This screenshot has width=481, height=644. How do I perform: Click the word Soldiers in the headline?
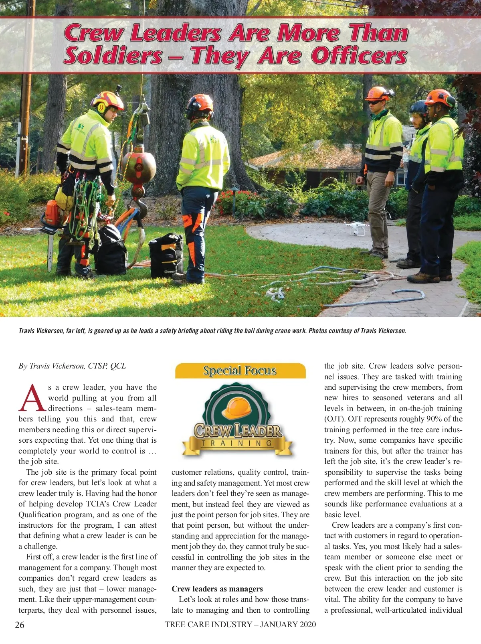coord(112,55)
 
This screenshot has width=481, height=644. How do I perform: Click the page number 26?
coord(19,624)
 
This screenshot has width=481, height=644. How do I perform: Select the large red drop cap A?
coord(32,399)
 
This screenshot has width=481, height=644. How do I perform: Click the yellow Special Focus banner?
coord(240,371)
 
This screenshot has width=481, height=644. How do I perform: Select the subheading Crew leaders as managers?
coord(217,589)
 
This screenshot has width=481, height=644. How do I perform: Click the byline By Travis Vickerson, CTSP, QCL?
coord(72,366)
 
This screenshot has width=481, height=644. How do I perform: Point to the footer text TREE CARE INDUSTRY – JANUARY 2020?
coord(240,624)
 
